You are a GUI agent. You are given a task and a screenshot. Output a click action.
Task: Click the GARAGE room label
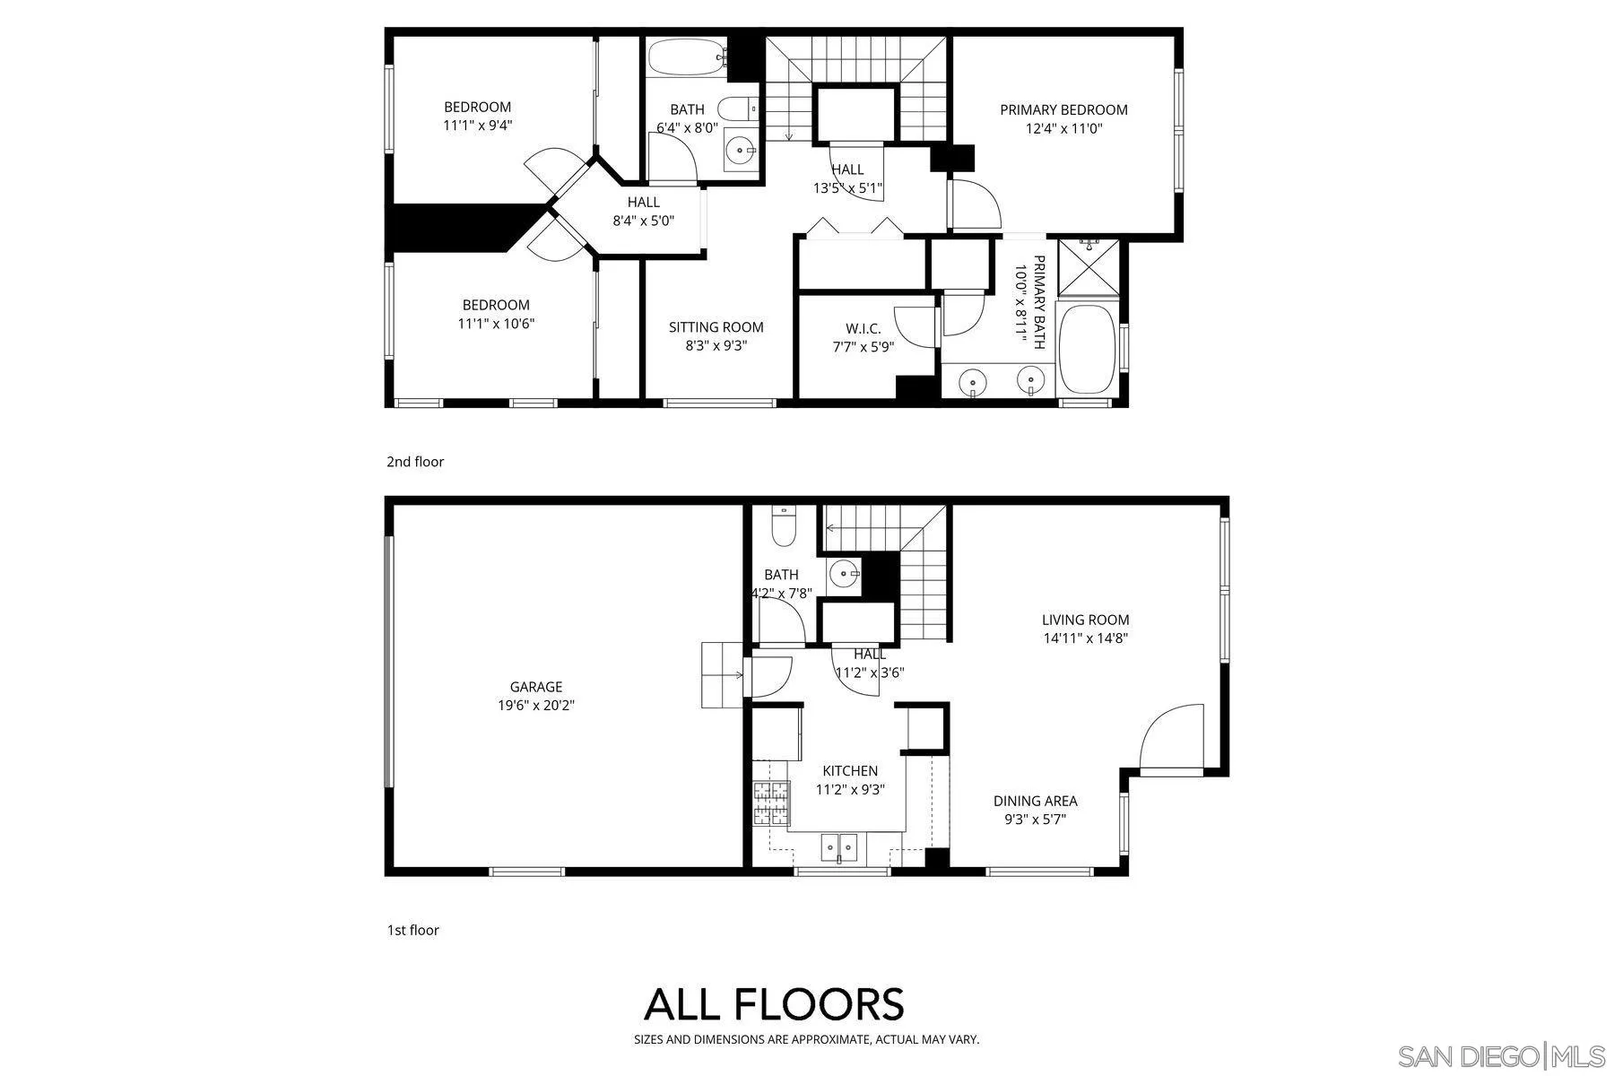click(x=535, y=687)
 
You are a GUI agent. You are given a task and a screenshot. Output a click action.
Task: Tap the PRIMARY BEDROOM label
click(x=1063, y=109)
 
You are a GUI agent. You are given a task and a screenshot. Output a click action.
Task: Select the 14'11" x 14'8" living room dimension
click(x=1085, y=638)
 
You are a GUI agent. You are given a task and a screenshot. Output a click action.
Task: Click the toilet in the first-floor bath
click(x=784, y=526)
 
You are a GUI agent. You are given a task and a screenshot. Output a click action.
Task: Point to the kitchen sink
click(x=839, y=847)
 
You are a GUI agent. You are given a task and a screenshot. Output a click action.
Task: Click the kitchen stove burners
click(x=772, y=803)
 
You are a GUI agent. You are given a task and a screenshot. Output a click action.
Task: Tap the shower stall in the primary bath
click(x=1089, y=267)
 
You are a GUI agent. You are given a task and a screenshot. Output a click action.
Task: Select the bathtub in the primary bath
click(x=1088, y=349)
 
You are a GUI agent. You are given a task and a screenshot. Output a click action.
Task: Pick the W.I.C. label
click(x=863, y=329)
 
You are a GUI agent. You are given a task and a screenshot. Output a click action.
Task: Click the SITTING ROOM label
click(x=716, y=327)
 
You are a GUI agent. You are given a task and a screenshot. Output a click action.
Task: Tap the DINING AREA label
click(x=1035, y=801)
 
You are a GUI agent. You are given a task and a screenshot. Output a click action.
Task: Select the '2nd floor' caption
click(x=415, y=462)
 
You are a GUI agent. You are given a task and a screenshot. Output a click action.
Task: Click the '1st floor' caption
click(x=412, y=930)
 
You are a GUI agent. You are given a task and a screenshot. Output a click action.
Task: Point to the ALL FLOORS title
click(x=774, y=1004)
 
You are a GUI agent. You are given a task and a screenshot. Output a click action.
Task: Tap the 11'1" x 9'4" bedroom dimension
click(x=477, y=126)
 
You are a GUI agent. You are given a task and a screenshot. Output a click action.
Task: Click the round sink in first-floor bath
click(x=844, y=573)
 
